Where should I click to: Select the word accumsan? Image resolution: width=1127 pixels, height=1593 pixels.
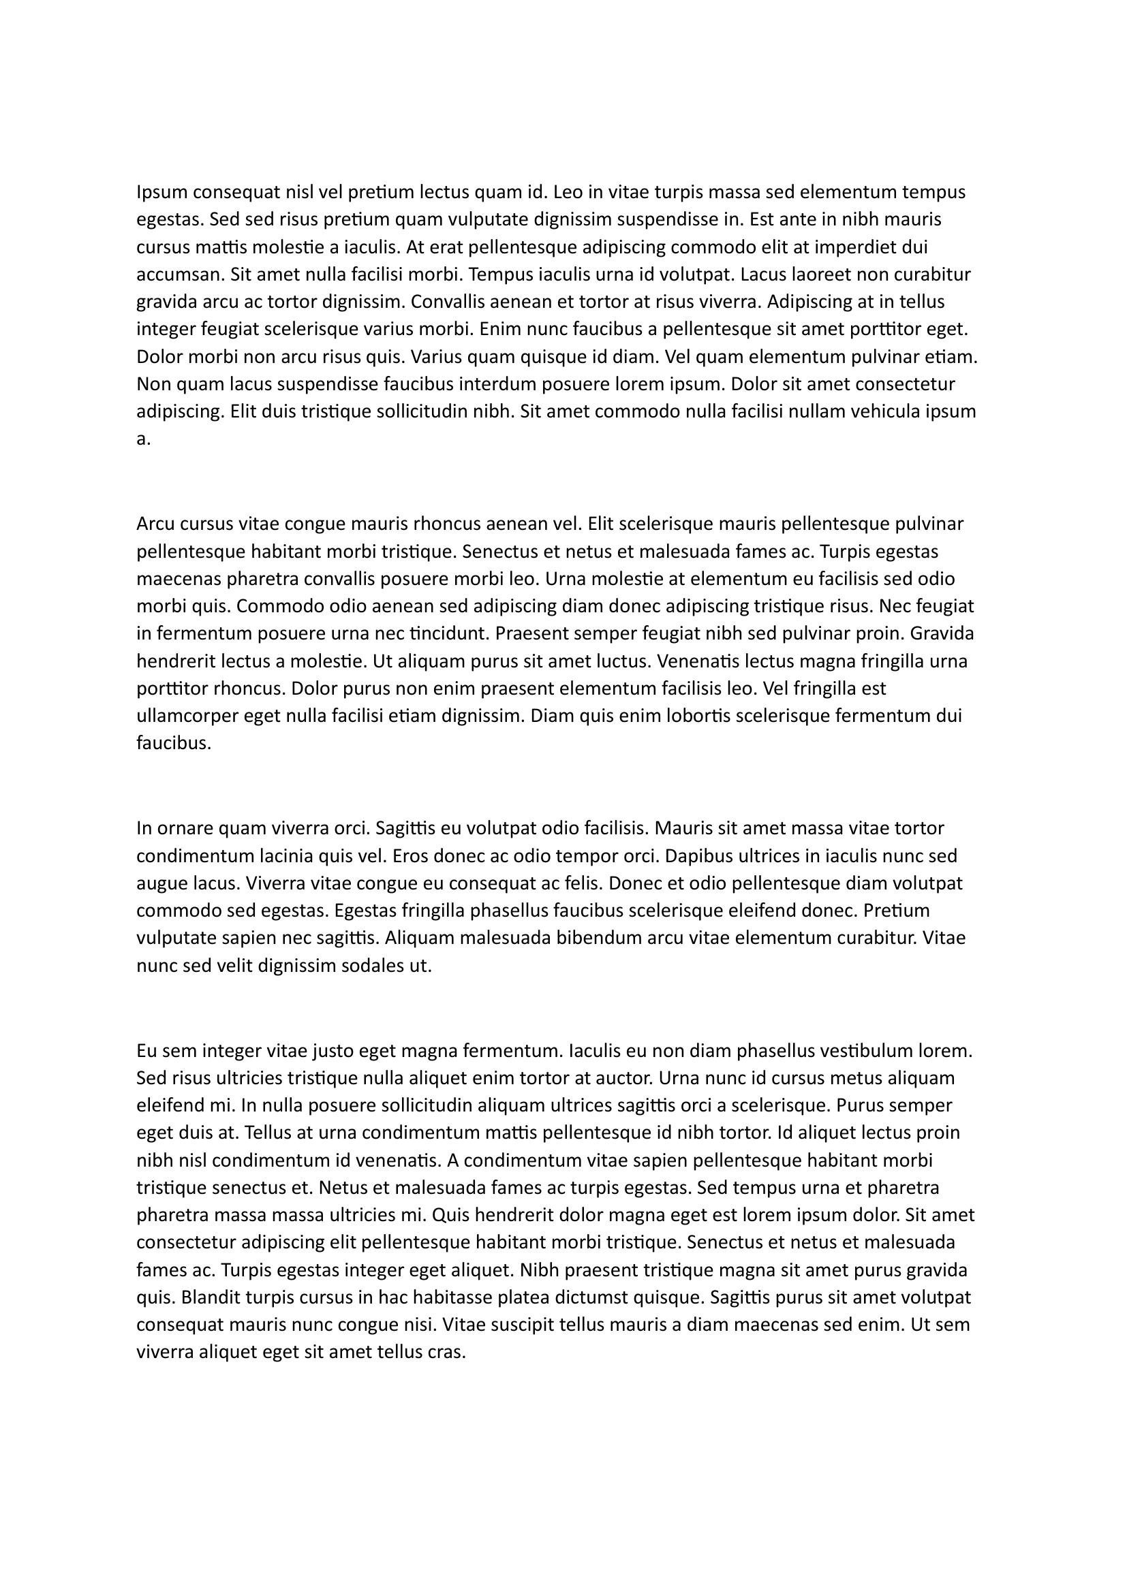pos(179,274)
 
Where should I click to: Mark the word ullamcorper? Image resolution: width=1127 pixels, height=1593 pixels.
pos(187,716)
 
